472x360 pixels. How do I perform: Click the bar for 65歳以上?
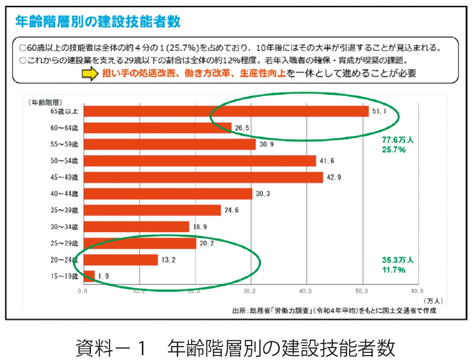click(x=226, y=111)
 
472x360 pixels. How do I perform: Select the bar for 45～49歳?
click(x=203, y=177)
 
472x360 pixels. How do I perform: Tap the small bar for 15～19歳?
click(x=90, y=276)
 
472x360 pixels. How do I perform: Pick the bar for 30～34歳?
click(x=137, y=226)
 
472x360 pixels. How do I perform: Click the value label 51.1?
click(x=379, y=111)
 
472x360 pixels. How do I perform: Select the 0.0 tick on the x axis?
click(x=83, y=291)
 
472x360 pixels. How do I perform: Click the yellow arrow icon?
click(x=90, y=74)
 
